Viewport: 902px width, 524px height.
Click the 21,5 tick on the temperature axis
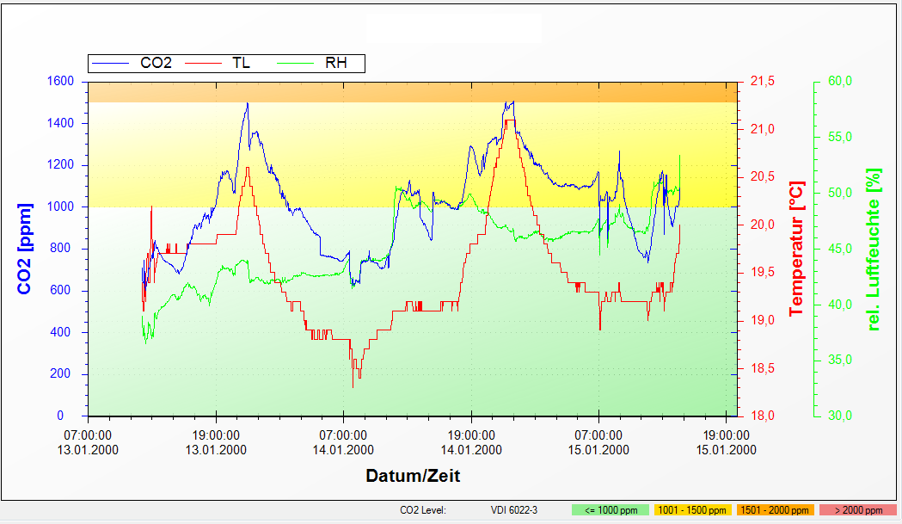pyautogui.click(x=763, y=82)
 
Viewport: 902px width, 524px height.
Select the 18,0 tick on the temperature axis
pyautogui.click(x=763, y=416)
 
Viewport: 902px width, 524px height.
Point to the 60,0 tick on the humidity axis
pyautogui.click(x=839, y=82)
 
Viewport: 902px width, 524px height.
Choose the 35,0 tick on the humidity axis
pyautogui.click(x=839, y=361)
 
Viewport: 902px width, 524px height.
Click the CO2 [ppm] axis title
pyautogui.click(x=25, y=249)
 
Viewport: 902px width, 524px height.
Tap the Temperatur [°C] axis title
pyautogui.click(x=797, y=249)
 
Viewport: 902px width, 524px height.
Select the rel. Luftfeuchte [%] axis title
pyautogui.click(x=875, y=249)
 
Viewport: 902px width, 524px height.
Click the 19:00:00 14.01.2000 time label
pyautogui.click(x=471, y=441)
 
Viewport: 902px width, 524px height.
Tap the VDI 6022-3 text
pyautogui.click(x=514, y=510)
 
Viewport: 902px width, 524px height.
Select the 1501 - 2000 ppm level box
pyautogui.click(x=774, y=510)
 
